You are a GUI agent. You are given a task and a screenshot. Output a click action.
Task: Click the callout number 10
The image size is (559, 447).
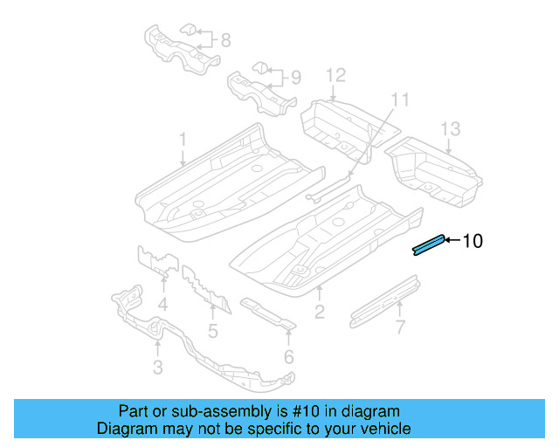point(472,241)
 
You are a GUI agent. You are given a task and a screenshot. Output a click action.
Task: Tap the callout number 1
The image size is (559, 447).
point(183,140)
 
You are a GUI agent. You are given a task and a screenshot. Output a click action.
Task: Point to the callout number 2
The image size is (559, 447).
point(320,310)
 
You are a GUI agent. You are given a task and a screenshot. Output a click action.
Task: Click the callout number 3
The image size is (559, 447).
point(157,368)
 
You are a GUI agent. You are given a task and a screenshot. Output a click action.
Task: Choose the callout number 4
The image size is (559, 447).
point(162,305)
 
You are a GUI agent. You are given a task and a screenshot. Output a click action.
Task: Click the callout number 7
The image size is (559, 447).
point(400,327)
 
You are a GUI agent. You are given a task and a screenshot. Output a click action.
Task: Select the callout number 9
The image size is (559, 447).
point(295,78)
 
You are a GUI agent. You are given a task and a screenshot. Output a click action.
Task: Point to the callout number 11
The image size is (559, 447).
point(399,99)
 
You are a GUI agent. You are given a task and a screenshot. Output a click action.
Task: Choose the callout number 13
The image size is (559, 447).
point(449,129)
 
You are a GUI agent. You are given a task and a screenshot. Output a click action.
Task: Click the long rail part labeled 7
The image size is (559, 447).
point(384,302)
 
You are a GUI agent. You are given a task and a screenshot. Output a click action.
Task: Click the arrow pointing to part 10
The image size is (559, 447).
point(452,240)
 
